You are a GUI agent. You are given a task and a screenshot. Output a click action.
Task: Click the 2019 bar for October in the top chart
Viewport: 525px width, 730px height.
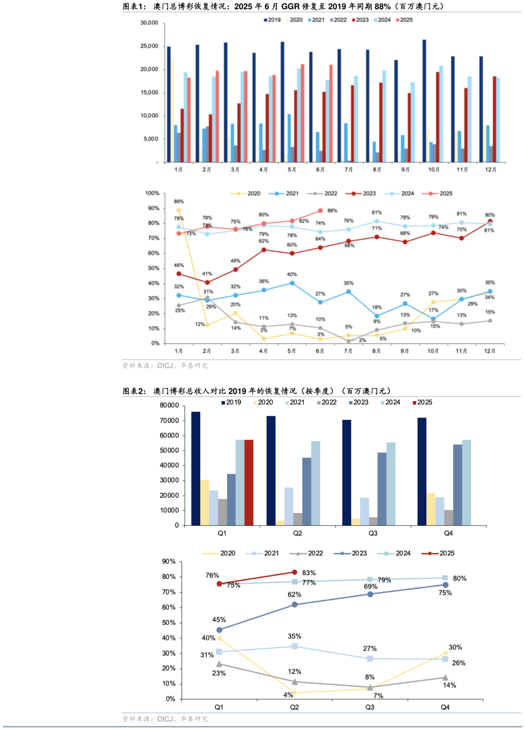(x=424, y=101)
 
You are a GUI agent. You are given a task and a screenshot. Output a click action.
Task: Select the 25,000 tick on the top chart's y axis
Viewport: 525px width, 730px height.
(x=149, y=46)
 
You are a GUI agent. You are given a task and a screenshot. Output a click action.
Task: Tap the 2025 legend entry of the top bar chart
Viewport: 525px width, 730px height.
(x=404, y=20)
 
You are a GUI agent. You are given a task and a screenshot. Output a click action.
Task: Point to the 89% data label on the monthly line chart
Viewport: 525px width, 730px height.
(x=179, y=201)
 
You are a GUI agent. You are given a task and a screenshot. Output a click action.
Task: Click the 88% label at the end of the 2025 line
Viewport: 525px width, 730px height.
(x=332, y=210)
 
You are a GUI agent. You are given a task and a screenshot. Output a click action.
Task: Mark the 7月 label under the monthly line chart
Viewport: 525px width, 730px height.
(x=348, y=351)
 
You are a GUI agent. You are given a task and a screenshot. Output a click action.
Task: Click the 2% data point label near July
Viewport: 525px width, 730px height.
(x=362, y=340)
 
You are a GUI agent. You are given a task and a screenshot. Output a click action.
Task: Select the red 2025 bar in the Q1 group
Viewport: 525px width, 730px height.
(x=249, y=482)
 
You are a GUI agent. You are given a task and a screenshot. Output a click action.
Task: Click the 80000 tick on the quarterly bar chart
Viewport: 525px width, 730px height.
(x=169, y=405)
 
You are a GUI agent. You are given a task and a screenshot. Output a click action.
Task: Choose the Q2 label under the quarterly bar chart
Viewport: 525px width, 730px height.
(x=297, y=533)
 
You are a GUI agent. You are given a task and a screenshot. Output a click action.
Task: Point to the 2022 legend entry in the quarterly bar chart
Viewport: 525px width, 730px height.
(x=326, y=402)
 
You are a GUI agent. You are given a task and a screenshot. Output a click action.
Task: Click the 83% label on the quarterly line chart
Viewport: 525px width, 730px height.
(x=309, y=573)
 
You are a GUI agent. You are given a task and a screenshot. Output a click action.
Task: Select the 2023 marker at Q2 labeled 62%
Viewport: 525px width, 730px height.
(x=294, y=605)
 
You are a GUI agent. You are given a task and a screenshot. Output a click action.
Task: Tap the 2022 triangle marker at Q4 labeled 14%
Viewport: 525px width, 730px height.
(x=445, y=677)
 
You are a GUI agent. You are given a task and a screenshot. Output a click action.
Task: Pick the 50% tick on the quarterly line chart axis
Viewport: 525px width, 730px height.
(x=168, y=623)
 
